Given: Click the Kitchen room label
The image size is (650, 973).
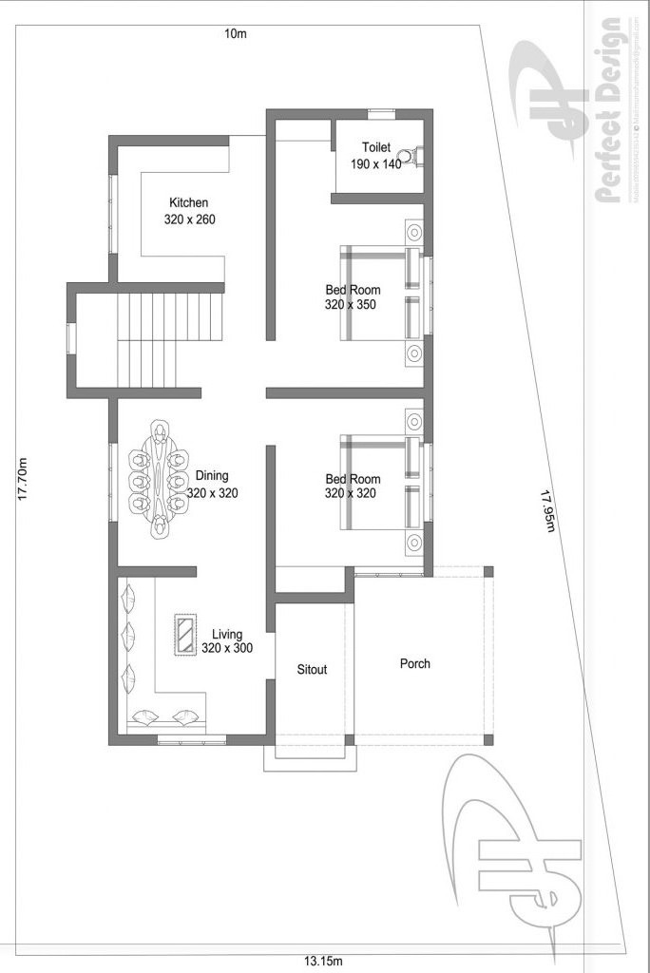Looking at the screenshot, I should pos(188,202).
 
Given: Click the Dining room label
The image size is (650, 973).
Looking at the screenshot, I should pos(212,476).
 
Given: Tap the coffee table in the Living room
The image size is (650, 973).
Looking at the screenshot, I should pos(184,635).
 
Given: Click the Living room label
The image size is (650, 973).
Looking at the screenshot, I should pos(227,634).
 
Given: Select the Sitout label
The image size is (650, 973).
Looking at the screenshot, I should pos(312,670).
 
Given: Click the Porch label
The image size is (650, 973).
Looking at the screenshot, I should pos(414,663).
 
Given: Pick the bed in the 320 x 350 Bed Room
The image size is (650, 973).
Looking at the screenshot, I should pos(379,292).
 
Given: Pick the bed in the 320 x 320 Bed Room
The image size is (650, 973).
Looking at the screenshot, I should pos(379,482).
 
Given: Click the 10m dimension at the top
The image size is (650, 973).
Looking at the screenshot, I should pos(235,34).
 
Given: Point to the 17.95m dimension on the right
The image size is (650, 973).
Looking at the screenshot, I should pos(547,511).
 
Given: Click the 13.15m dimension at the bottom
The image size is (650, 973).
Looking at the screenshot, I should pos(323,961).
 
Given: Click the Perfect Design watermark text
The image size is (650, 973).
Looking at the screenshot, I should pos(609,109).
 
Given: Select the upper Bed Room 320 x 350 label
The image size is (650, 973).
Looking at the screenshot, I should pos(353,297).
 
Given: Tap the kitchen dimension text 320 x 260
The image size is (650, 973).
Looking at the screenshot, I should pos(188,219).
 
